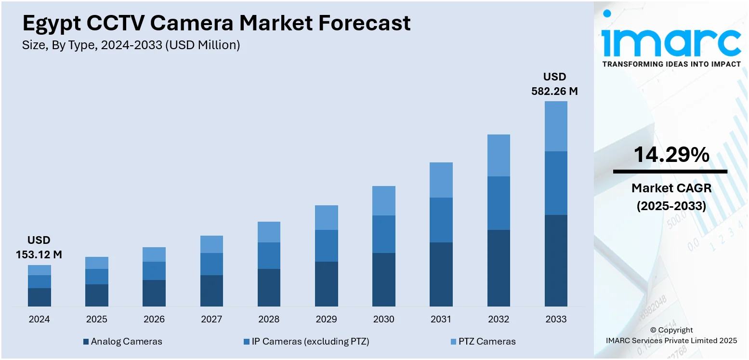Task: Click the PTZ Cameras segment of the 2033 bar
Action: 556,126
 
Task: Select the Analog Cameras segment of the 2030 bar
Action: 384,280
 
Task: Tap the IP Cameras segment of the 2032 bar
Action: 499,203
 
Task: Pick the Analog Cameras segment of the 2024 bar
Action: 39,297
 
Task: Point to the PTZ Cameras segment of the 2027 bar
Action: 211,244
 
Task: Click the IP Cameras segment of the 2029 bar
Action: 327,246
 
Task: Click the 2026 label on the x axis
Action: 154,319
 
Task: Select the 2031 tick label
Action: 441,319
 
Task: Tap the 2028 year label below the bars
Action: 269,319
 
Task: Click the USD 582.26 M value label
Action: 554,84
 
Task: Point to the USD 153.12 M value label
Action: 39,247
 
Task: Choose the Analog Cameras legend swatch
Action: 86,342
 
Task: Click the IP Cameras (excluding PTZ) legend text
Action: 310,342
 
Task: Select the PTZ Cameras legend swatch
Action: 453,342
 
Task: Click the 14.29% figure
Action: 671,155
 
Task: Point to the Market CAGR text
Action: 671,188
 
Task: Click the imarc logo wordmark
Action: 671,42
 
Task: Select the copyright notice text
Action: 671,335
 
